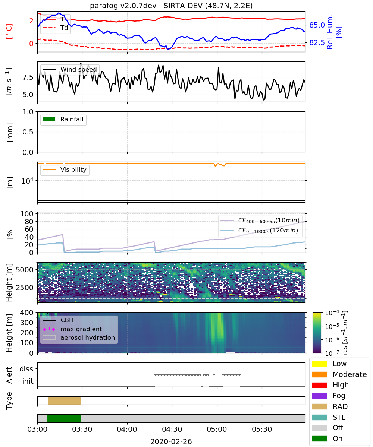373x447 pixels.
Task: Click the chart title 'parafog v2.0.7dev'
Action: [123, 6]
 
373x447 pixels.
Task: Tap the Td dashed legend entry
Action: [55, 28]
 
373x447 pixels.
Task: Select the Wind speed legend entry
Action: [70, 69]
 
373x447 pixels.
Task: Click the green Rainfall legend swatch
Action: [49, 120]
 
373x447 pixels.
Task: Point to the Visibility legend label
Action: [73, 169]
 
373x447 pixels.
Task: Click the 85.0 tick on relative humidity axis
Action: [317, 25]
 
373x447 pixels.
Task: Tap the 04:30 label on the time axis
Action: [172, 429]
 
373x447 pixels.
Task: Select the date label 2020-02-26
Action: [171, 441]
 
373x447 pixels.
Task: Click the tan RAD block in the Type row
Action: [65, 400]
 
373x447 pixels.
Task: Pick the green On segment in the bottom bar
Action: [64, 418]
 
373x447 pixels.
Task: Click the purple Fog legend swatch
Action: [319, 396]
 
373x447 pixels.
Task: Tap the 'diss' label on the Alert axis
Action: [26, 369]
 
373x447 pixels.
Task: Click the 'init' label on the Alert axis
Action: [28, 381]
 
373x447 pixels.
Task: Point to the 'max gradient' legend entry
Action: [72, 329]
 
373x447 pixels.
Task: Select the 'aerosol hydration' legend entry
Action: [79, 337]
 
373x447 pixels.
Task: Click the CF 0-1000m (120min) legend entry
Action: [259, 231]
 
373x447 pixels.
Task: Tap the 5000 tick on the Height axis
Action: [25, 270]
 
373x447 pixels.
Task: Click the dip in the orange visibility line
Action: [216, 166]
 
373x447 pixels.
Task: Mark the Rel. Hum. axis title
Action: [330, 32]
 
